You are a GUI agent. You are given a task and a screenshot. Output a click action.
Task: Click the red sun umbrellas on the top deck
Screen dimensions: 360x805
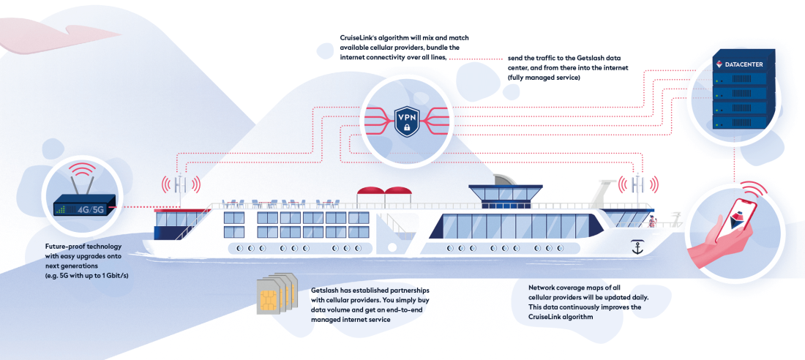point(385,192)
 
